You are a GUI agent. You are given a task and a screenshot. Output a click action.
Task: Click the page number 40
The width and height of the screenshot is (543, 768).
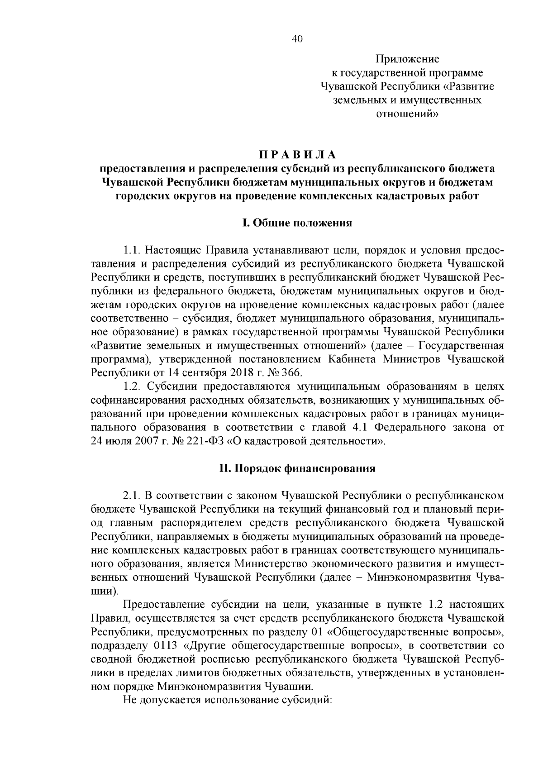pyautogui.click(x=297, y=39)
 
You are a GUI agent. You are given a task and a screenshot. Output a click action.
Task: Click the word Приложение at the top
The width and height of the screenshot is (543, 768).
pyautogui.click(x=407, y=59)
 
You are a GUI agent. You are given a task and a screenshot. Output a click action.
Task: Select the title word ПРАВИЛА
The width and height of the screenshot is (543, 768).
pyautogui.click(x=297, y=155)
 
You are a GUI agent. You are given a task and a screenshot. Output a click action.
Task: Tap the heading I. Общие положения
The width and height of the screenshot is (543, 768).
pyautogui.click(x=297, y=223)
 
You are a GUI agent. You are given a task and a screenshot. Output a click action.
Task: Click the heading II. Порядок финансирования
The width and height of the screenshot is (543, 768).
pyautogui.click(x=297, y=468)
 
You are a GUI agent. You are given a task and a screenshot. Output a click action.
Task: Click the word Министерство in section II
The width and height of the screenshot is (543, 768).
pyautogui.click(x=271, y=563)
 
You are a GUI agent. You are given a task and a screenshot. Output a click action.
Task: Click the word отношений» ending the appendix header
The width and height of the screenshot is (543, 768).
pyautogui.click(x=407, y=114)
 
